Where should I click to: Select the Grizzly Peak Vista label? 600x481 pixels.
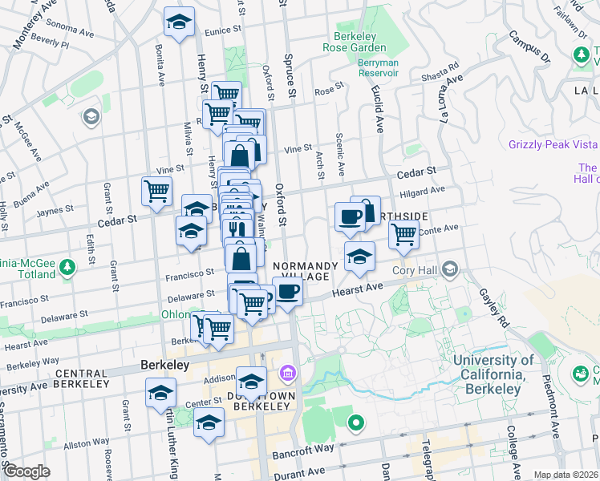click(x=553, y=144)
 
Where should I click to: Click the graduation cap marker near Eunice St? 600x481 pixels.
click(x=179, y=22)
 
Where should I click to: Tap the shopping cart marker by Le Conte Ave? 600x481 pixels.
click(x=403, y=234)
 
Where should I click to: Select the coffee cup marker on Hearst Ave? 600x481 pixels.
click(x=288, y=292)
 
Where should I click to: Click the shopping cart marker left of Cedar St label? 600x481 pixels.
click(x=156, y=191)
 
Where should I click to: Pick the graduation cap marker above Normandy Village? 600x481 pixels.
click(x=360, y=257)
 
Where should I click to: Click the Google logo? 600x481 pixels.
click(x=27, y=471)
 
